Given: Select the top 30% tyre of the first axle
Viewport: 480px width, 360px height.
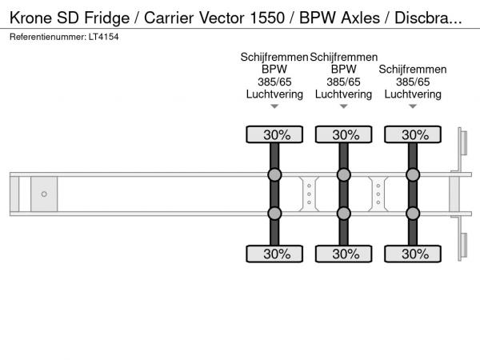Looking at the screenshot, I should [275, 134].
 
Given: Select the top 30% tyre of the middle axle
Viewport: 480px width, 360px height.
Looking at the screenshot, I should [344, 134].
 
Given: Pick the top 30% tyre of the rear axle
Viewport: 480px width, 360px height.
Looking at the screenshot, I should [413, 134].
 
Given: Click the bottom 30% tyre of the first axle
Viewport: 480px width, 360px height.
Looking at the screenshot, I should [275, 254].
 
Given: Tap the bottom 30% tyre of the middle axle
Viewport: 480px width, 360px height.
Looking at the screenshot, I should [344, 254].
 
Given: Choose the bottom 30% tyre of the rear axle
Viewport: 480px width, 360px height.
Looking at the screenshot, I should [413, 254].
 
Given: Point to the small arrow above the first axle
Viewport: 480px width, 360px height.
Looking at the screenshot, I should [275, 106].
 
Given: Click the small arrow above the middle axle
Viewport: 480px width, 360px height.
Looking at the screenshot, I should [344, 106].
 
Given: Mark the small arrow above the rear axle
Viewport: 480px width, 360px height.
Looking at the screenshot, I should [413, 106].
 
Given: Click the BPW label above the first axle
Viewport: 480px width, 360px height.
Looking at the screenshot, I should [275, 70].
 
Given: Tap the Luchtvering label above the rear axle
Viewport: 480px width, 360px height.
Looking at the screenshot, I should [413, 94].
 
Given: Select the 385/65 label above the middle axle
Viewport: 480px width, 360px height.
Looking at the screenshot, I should [344, 82].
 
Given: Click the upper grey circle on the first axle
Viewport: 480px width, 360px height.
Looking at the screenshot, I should [275, 175].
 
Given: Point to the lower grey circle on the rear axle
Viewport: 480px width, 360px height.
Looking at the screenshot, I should [413, 213].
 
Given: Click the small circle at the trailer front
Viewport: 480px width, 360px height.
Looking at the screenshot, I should [44, 194].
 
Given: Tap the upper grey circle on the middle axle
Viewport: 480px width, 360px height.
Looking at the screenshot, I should [344, 175].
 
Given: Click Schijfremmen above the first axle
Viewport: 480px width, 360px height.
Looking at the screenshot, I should [274, 57].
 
